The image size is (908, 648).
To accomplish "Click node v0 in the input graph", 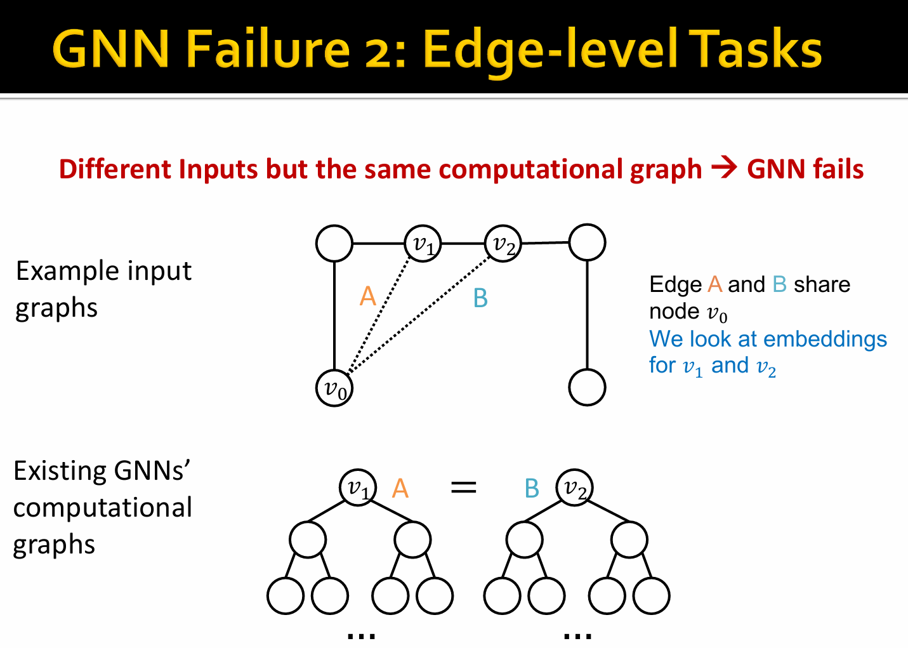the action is pos(334,388).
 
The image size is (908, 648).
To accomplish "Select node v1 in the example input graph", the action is pos(423,243).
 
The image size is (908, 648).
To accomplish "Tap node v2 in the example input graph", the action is pos(503,243).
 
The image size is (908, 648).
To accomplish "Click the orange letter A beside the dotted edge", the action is pos(367,296).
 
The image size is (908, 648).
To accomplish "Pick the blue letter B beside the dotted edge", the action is pos(480,298).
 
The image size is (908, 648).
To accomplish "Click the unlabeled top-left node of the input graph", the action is pos(334,243).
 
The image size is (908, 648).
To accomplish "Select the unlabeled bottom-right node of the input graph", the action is pos(588,387).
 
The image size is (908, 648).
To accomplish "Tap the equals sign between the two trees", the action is pos(464,487).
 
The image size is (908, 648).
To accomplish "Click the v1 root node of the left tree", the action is pos(358,487).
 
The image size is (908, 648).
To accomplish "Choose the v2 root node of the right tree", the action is pos(575,487).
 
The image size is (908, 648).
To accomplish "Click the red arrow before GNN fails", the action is pos(725,168).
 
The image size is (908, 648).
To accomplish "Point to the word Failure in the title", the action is pos(268,50).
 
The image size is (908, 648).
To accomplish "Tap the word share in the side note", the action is pos(822,284).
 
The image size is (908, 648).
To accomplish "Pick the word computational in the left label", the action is pos(103,508).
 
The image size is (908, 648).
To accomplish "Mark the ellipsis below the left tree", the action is pos(362,636).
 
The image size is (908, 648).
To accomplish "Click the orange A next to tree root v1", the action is pos(400,488).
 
